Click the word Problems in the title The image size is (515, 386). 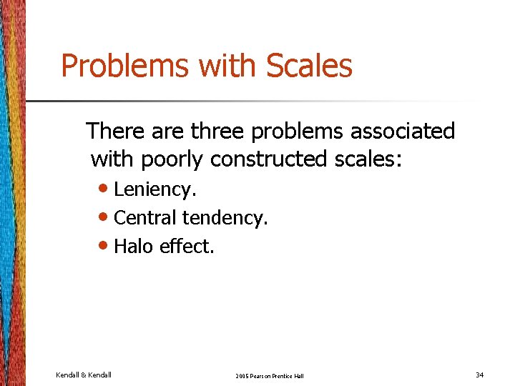click(125, 66)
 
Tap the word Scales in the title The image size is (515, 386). click(309, 66)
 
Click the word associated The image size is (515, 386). click(408, 132)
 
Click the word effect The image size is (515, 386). click(187, 247)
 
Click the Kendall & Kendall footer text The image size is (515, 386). click(84, 375)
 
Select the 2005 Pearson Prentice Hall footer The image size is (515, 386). click(269, 375)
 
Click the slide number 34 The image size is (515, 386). click(479, 375)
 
